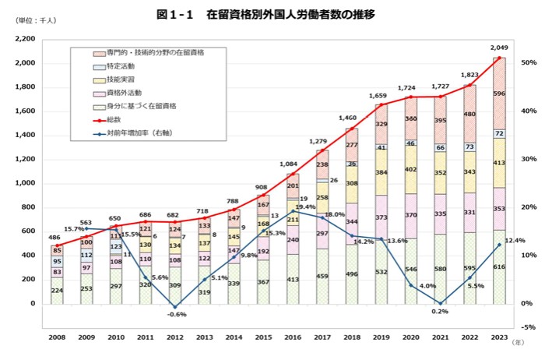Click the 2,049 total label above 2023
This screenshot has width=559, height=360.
pos(498,48)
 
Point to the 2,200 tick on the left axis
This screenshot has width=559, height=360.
pos(25,39)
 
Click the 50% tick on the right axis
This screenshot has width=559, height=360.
pos(529,62)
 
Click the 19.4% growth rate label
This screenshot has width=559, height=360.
pos(304,207)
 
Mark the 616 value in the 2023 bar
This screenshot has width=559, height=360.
pos(498,288)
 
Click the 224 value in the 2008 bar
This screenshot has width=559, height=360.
pos(58,290)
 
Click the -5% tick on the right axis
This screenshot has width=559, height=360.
pos(529,327)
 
